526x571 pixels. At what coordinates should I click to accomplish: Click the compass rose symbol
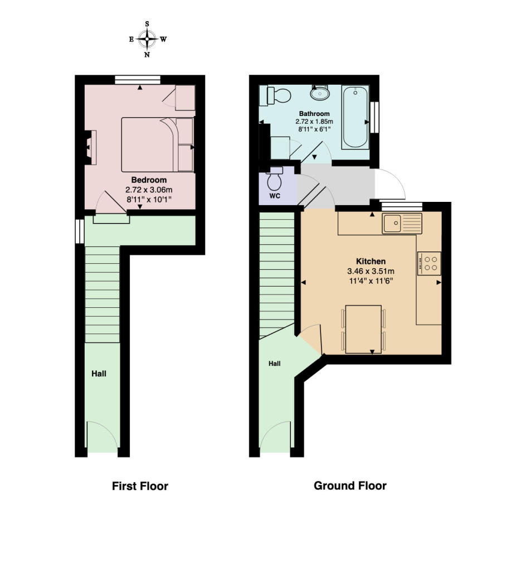pyautogui.click(x=147, y=40)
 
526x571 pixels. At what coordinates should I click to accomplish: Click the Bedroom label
pyautogui.click(x=149, y=180)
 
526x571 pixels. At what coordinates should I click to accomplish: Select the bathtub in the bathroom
pyautogui.click(x=355, y=117)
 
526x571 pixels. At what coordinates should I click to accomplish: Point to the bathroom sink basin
pyautogui.click(x=320, y=93)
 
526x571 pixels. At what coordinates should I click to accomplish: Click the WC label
pyautogui.click(x=275, y=196)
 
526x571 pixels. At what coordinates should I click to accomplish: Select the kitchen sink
pyautogui.click(x=402, y=224)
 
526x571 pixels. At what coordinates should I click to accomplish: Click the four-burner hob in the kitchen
pyautogui.click(x=429, y=263)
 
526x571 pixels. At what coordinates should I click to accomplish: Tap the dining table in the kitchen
pyautogui.click(x=363, y=329)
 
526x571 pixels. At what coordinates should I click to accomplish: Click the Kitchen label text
pyautogui.click(x=371, y=261)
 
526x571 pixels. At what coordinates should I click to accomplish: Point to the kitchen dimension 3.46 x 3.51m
pyautogui.click(x=371, y=272)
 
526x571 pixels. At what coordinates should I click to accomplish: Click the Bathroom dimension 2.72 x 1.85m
pyautogui.click(x=314, y=122)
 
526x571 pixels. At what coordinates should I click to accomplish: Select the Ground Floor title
pyautogui.click(x=350, y=486)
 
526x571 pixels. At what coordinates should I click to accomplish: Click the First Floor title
pyautogui.click(x=140, y=486)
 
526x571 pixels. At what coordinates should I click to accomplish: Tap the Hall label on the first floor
pyautogui.click(x=99, y=374)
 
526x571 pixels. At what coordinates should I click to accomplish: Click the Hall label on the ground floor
pyautogui.click(x=275, y=364)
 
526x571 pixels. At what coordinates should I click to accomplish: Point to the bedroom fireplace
pyautogui.click(x=90, y=147)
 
